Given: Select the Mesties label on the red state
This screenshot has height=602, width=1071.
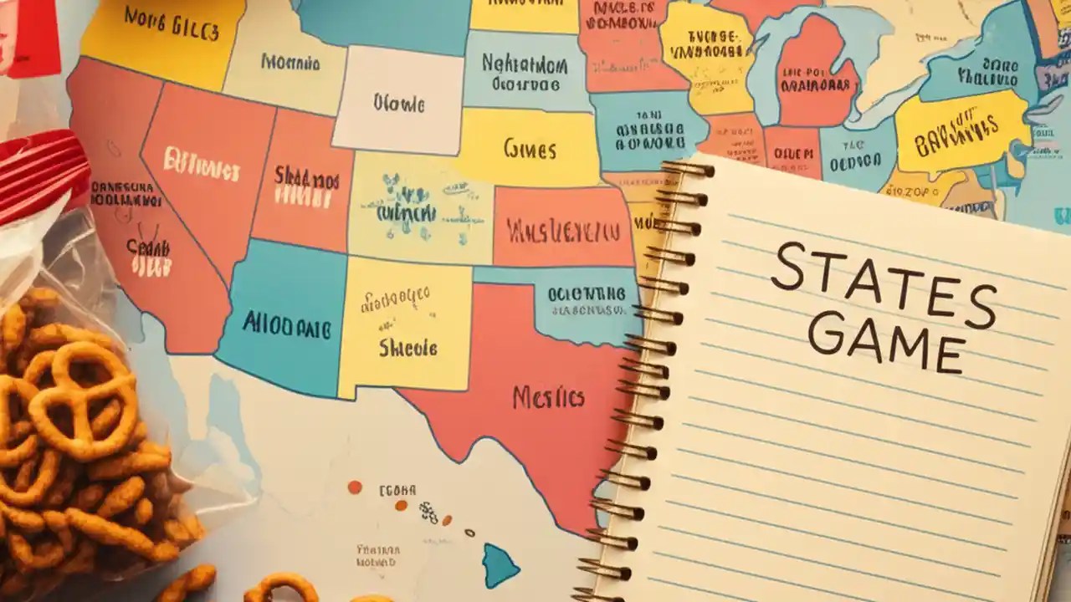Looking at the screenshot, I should [x=548, y=398].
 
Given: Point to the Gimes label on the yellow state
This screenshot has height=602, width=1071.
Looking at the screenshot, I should [x=530, y=150].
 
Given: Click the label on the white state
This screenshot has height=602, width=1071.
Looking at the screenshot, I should [x=399, y=105].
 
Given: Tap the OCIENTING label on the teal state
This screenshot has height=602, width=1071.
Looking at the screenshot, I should [x=586, y=293].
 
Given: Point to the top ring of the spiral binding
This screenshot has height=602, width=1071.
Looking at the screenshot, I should [x=688, y=169].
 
